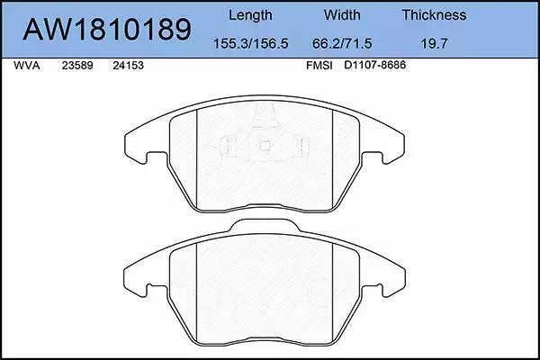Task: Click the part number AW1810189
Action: pos(107,30)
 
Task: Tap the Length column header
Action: pos(250,15)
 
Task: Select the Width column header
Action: pos(342,15)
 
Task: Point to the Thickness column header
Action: pos(434,15)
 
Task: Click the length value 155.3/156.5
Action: pos(251,44)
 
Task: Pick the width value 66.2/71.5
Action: pos(342,44)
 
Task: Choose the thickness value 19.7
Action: pos(434,44)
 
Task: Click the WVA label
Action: pos(27,66)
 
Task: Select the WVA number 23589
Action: pos(77,66)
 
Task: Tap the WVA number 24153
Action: pos(128,66)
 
